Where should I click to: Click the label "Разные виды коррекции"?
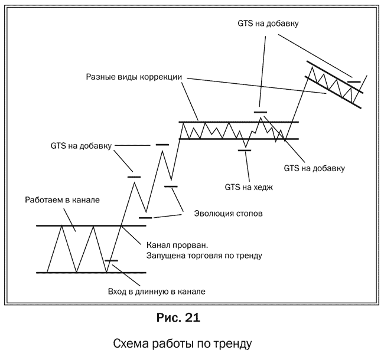pyautogui.click(x=134, y=77)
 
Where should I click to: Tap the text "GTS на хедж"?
pyautogui.click(x=249, y=187)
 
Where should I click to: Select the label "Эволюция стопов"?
pyautogui.click(x=229, y=214)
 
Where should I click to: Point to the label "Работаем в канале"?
pyautogui.click(x=63, y=200)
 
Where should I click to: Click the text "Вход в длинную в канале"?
pyautogui.click(x=157, y=292)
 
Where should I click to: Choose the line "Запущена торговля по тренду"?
pyautogui.click(x=204, y=256)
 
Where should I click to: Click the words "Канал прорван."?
pyautogui.click(x=177, y=245)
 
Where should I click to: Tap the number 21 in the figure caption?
pyautogui.click(x=193, y=318)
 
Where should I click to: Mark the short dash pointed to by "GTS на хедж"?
pyautogui.click(x=245, y=150)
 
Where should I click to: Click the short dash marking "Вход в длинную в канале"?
pyautogui.click(x=112, y=261)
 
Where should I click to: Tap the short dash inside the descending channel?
pyautogui.click(x=354, y=81)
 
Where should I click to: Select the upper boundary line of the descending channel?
pyautogui.click(x=335, y=77)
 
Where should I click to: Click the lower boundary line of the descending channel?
pyautogui.click(x=333, y=92)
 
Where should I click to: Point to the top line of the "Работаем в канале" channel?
pyautogui.click(x=91, y=225)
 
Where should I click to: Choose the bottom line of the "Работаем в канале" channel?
pyautogui.click(x=91, y=273)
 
